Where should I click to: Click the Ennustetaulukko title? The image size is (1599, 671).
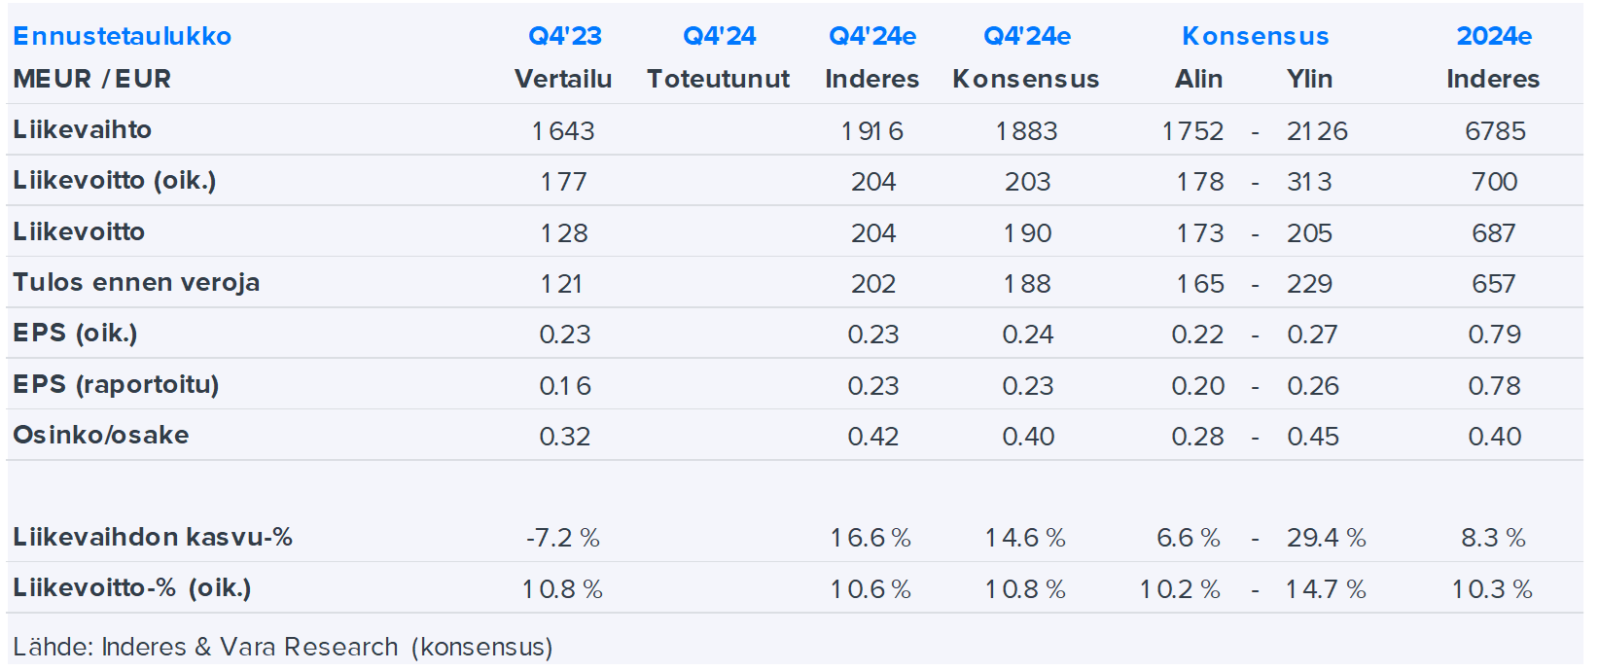(x=122, y=36)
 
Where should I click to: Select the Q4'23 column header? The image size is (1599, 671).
(x=564, y=36)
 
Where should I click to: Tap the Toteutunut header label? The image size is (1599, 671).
(x=718, y=79)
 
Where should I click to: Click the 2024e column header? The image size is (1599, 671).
(x=1493, y=36)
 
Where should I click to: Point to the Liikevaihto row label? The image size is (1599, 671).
(x=83, y=129)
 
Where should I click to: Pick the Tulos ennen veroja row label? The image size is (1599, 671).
(x=136, y=282)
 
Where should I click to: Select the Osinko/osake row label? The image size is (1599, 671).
(x=101, y=435)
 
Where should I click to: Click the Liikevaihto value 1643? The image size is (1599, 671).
(x=563, y=130)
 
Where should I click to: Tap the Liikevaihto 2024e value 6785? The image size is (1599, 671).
(x=1495, y=130)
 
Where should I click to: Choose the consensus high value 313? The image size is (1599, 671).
(x=1309, y=182)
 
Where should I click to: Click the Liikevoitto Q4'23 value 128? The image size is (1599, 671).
(x=564, y=233)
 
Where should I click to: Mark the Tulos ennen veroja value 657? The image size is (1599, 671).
(x=1493, y=284)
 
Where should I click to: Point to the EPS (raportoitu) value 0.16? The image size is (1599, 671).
(x=564, y=386)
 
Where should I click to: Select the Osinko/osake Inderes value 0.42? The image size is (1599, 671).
(x=872, y=437)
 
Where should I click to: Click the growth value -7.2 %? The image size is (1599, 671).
(x=563, y=538)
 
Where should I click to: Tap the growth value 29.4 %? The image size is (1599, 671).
(x=1326, y=538)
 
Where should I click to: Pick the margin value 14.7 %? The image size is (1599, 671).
(x=1326, y=589)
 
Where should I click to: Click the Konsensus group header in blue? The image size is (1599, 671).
(x=1255, y=36)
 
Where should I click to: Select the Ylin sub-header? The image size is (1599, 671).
(x=1309, y=79)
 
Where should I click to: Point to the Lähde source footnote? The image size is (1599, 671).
(x=282, y=647)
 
